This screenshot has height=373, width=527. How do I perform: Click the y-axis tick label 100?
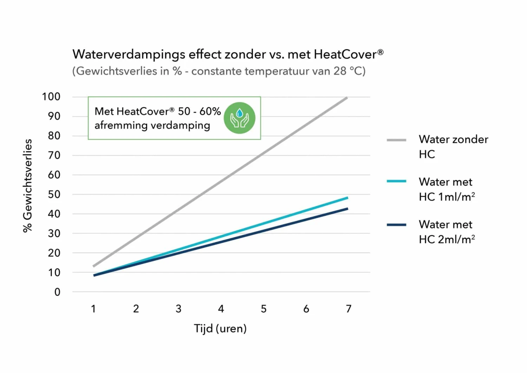tap(51, 97)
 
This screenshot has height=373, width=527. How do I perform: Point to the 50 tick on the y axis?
tap(54, 194)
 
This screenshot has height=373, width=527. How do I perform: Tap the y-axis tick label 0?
tap(57, 292)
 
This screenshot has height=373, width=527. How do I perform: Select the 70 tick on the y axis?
tap(54, 155)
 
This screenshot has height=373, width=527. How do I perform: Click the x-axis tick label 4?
tap(221, 309)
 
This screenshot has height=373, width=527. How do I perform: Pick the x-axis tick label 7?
tap(349, 309)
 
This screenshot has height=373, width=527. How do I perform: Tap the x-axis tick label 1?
tap(93, 309)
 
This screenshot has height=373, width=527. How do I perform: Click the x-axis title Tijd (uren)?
tap(220, 329)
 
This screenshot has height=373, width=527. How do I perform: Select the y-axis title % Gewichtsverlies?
tap(27, 186)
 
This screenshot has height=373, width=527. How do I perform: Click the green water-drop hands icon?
tap(240, 118)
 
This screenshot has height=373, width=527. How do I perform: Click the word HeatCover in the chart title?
tap(345, 54)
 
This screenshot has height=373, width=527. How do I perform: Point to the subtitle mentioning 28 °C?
tap(219, 71)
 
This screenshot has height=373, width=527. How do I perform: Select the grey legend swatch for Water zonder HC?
tap(396, 140)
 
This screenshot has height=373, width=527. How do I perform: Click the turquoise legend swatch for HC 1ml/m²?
tap(396, 181)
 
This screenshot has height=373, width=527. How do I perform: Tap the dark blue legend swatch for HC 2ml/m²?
tap(396, 225)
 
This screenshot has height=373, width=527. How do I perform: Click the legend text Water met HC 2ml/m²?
tap(447, 232)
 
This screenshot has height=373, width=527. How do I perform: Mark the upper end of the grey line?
tap(347, 98)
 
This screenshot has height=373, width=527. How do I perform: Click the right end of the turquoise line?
tap(347, 198)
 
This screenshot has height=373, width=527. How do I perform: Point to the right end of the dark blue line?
tap(347, 209)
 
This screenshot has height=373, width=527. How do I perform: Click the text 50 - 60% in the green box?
tap(199, 111)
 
